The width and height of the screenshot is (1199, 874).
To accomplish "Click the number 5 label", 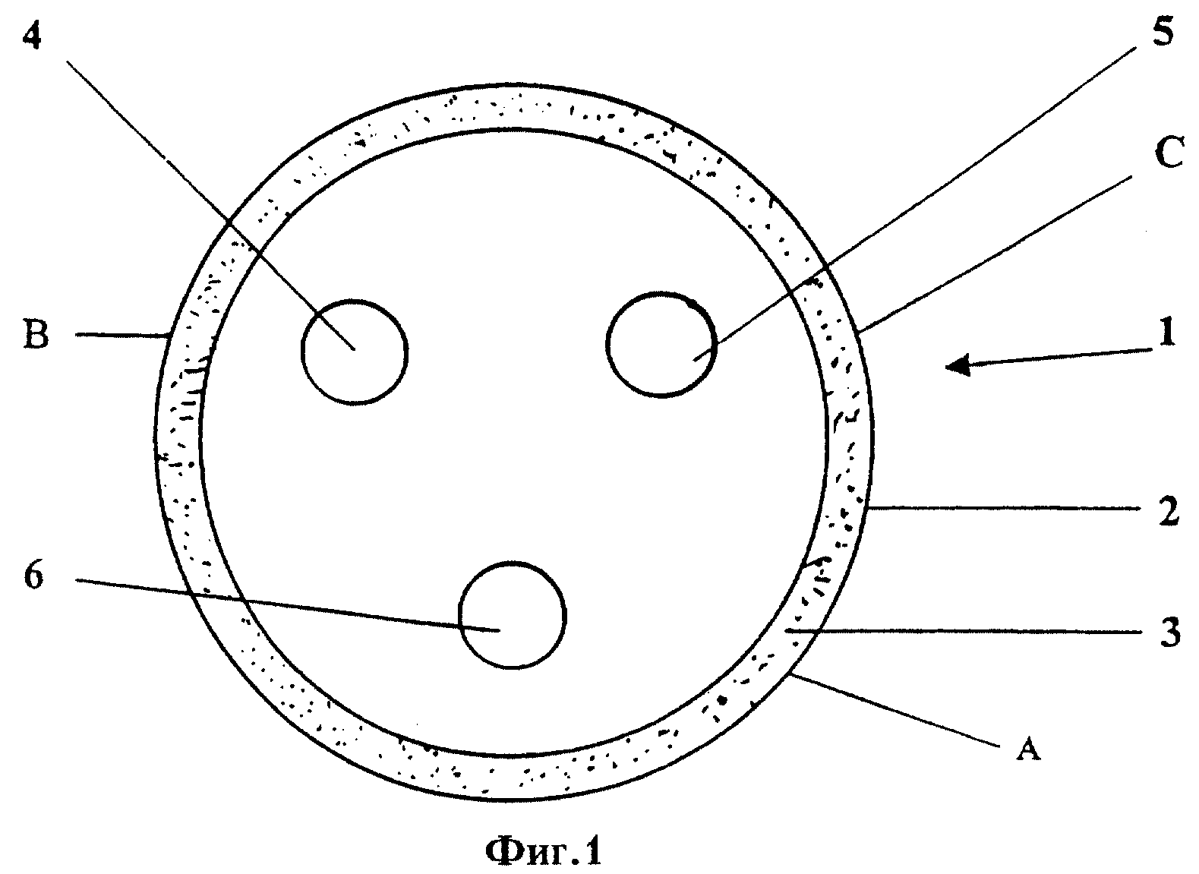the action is (1163, 30).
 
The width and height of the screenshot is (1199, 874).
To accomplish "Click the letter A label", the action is (1027, 748).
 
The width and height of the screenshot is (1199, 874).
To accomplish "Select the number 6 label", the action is (33, 576).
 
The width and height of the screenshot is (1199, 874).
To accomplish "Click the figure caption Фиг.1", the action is (544, 851).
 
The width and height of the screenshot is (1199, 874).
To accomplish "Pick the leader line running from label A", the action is (895, 710).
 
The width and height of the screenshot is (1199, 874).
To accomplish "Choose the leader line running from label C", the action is (993, 254).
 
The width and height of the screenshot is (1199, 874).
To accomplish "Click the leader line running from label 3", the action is (962, 632).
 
